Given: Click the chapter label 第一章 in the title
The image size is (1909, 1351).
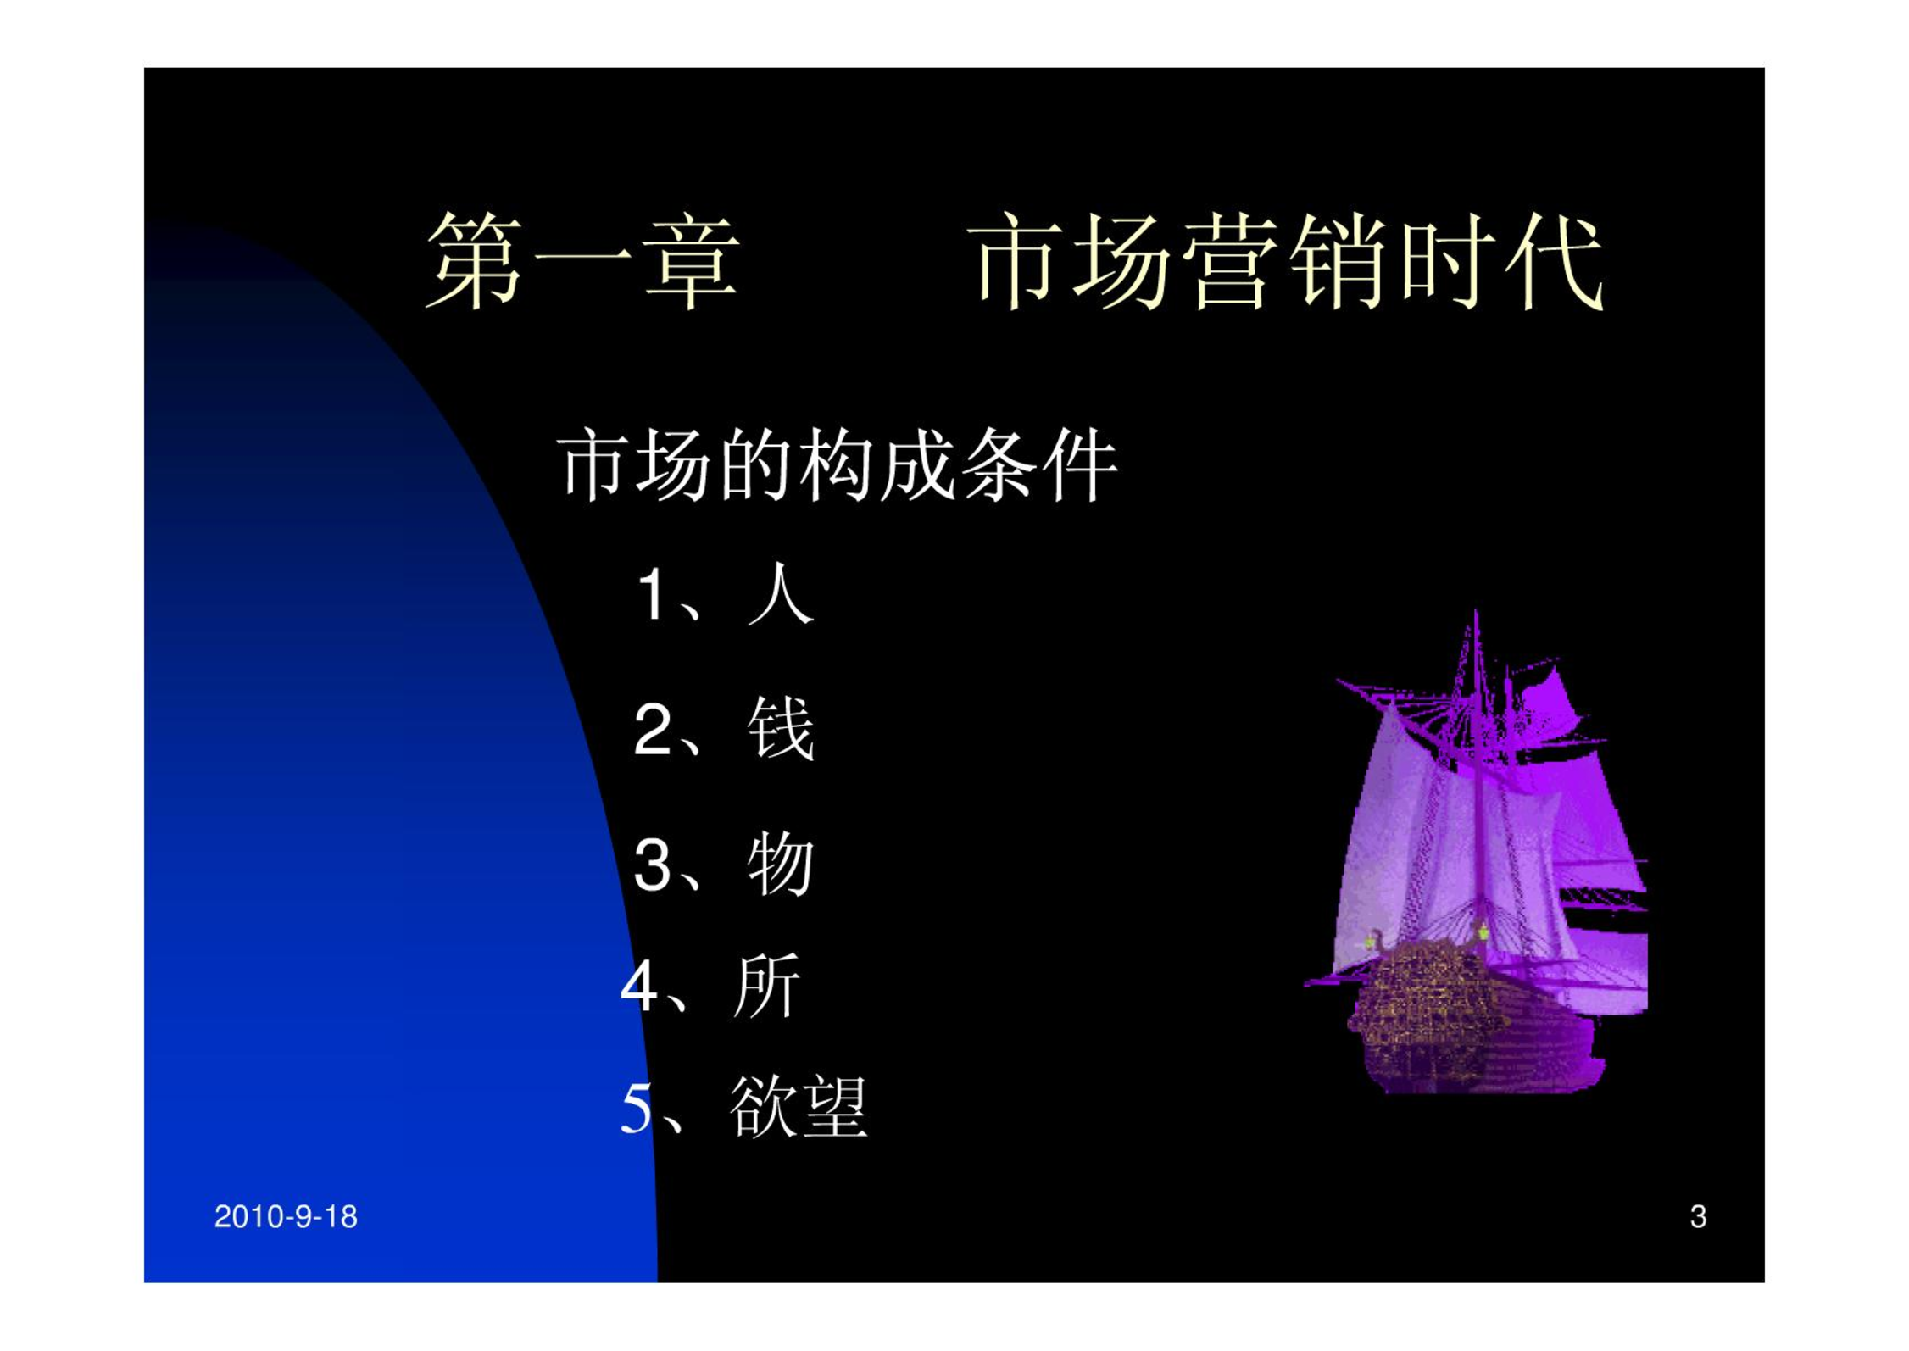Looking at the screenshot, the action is [582, 260].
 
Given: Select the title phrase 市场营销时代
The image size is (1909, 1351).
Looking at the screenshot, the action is [1286, 260].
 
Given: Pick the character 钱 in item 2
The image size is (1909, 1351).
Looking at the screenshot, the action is [781, 728].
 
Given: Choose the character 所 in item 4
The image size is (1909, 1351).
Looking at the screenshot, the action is [765, 985].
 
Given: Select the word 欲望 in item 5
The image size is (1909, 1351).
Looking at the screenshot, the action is [799, 1106].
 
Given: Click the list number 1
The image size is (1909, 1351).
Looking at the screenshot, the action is [652, 595].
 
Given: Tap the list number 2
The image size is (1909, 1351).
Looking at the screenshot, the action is [653, 729].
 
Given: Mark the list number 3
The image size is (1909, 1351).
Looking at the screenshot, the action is [653, 865].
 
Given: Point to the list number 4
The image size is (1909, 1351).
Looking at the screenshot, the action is [639, 987].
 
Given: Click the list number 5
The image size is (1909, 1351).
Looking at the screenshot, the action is [638, 1108].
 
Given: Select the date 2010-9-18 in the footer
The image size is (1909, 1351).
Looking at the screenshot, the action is [286, 1217].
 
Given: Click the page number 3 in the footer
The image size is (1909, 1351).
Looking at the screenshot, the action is [1698, 1217].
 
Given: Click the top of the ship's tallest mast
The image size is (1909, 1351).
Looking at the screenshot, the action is [1476, 612].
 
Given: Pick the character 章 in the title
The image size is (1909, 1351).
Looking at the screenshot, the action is [690, 260].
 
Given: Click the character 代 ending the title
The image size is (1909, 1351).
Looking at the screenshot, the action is [1554, 260].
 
